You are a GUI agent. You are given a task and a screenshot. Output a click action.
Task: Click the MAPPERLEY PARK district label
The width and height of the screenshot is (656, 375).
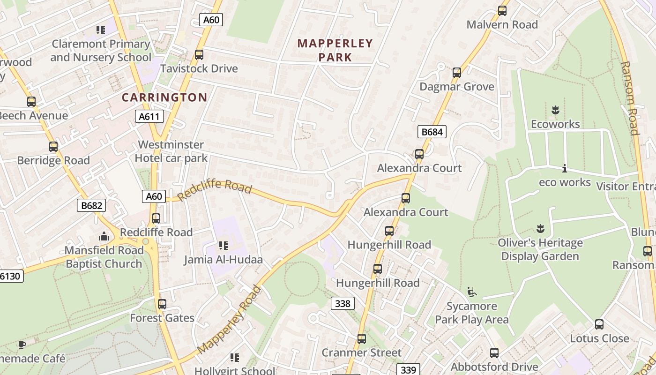click(x=335, y=50)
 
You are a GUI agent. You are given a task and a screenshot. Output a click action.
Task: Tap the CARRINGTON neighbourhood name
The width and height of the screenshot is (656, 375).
click(x=164, y=97)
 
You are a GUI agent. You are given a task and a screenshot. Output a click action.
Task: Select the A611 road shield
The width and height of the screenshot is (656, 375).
click(x=149, y=117)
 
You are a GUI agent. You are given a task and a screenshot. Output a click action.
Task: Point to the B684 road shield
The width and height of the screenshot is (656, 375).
click(x=432, y=132)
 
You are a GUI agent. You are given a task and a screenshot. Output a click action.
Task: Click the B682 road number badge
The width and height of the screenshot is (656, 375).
click(x=91, y=205)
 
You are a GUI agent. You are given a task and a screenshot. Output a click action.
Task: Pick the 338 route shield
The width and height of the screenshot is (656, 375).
click(x=343, y=304)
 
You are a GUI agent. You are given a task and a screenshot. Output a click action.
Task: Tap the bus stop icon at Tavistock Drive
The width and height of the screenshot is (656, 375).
click(x=199, y=55)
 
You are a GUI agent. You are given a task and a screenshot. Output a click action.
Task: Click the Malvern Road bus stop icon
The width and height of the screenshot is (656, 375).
click(x=502, y=11)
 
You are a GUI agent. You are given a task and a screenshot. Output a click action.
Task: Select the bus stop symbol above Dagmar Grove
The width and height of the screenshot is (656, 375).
click(x=457, y=73)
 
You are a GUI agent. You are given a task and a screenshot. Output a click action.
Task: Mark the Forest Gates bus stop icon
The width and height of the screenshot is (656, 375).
click(x=162, y=304)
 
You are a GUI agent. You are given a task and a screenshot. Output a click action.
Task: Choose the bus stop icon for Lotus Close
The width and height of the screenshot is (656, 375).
click(x=599, y=324)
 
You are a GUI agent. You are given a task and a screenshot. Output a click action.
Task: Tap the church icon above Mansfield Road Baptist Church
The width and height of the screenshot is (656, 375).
click(x=104, y=236)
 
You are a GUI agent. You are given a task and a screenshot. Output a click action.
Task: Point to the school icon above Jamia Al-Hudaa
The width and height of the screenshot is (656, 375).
click(x=223, y=246)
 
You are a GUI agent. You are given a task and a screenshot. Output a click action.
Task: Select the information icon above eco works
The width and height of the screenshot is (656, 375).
click(x=565, y=168)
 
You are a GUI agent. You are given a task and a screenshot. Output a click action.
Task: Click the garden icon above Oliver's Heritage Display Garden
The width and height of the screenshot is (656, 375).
click(x=540, y=229)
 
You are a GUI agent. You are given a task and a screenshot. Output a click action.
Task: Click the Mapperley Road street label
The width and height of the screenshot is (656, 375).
click(x=230, y=320)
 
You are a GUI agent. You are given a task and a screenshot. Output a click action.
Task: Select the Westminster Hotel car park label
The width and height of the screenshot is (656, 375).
click(x=171, y=151)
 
